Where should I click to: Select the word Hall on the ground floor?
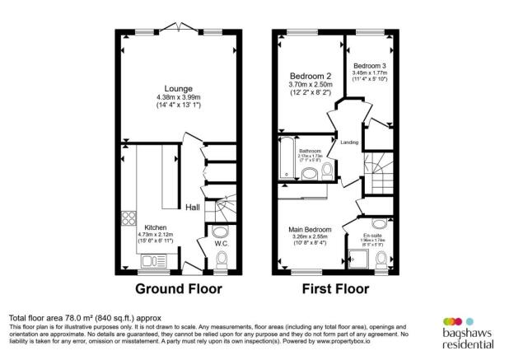[193, 207]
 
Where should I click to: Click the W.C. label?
[220, 243]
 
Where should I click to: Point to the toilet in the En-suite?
[381, 260]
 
